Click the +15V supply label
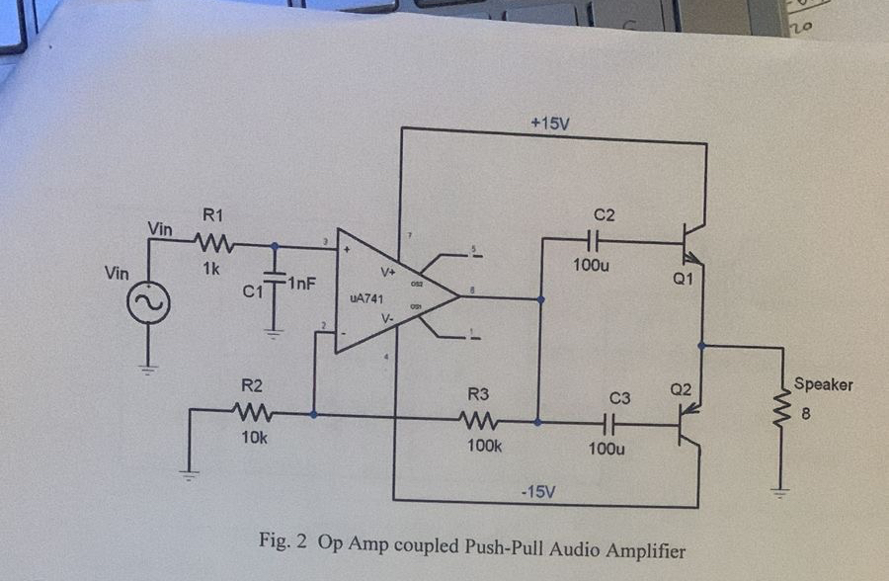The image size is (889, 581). coord(550,124)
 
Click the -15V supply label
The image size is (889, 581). coord(540,491)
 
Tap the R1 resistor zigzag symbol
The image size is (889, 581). coord(214,242)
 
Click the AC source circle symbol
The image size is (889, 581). coord(149,302)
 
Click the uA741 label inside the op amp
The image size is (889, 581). coord(366,295)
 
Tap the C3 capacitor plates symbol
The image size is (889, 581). coord(607,423)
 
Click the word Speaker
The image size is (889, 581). coord(822,384)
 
